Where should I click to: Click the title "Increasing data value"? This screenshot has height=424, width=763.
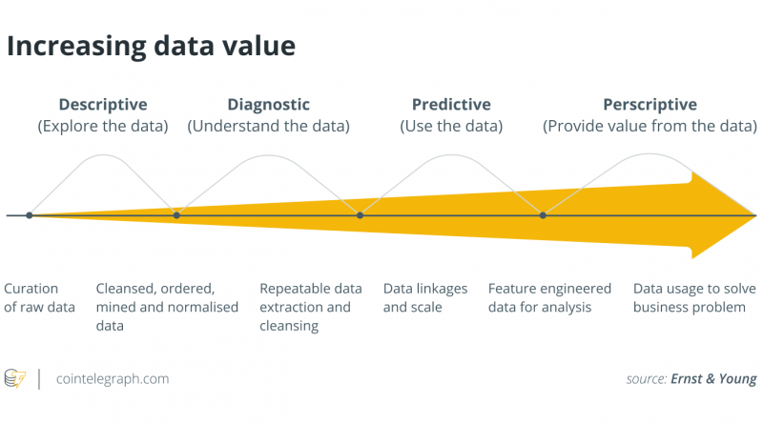[151, 47]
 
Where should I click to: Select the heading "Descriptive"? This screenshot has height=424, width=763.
[103, 105]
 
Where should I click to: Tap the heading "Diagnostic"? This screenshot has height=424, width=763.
[269, 105]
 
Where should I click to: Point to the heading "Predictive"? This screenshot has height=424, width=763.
[451, 105]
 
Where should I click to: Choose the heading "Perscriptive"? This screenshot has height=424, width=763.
[650, 105]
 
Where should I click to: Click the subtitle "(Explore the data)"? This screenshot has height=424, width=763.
[103, 127]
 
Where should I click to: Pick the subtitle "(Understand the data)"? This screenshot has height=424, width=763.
[269, 127]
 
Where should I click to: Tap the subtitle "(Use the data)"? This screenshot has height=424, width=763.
[451, 127]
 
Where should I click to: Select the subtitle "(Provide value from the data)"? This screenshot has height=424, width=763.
[650, 127]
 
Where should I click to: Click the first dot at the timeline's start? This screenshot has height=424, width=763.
[30, 215]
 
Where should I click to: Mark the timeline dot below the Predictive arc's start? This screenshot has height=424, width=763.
[360, 215]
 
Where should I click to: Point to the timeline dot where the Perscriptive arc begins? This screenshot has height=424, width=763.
[543, 215]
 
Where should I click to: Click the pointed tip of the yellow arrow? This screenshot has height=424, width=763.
[756, 215]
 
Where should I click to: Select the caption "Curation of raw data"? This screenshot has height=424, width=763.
[39, 297]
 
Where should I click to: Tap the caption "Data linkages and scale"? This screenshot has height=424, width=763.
[425, 297]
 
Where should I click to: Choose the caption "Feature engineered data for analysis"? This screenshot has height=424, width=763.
[549, 297]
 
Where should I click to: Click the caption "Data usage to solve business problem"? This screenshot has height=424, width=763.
[694, 297]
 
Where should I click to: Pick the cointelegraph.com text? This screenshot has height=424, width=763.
[113, 379]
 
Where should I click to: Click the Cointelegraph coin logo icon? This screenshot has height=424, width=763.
[15, 378]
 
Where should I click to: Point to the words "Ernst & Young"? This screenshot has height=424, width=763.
[713, 379]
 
